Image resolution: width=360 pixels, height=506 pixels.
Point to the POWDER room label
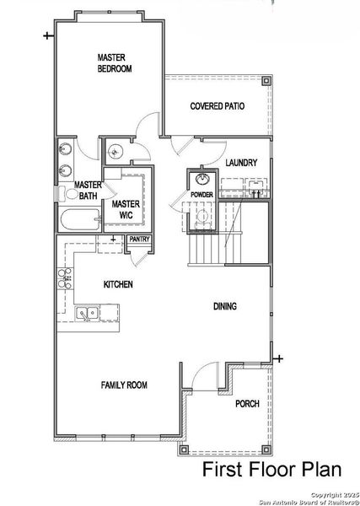(x=201, y=194)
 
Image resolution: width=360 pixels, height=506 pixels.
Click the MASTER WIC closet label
(x=126, y=208)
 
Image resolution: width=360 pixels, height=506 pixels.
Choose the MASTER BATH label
(x=87, y=191)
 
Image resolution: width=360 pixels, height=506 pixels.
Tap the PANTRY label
(x=137, y=240)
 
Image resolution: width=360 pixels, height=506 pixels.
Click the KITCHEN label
(x=118, y=285)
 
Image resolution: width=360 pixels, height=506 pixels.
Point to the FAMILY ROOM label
(x=124, y=385)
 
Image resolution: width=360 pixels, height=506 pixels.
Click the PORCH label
(x=247, y=403)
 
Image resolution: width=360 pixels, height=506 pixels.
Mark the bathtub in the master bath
(x=80, y=221)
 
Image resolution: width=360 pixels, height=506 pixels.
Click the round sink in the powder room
(x=202, y=179)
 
